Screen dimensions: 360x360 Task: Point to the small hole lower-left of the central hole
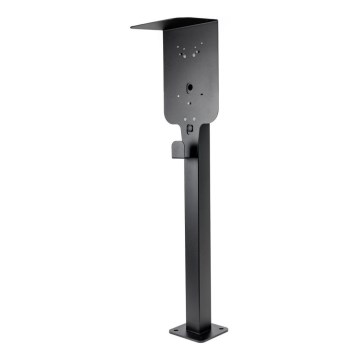177,97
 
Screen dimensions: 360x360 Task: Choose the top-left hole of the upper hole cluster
181,46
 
